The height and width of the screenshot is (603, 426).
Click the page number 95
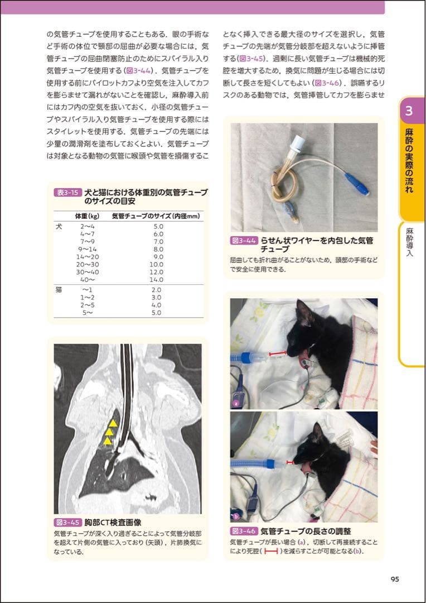pyautogui.click(x=395, y=580)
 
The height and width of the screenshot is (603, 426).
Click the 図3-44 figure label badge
pyautogui.click(x=243, y=241)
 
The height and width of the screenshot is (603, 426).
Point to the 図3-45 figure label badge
pyautogui.click(x=67, y=523)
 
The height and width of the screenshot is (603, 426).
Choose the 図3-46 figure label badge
pyautogui.click(x=243, y=530)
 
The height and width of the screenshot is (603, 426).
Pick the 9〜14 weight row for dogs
pyautogui.click(x=87, y=249)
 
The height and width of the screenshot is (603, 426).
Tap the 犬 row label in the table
pyautogui.click(x=59, y=226)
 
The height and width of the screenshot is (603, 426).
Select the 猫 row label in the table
pyautogui.click(x=59, y=290)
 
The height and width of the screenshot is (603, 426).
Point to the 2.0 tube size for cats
pyautogui.click(x=156, y=290)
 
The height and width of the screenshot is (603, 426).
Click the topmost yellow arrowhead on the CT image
pyautogui.click(x=113, y=423)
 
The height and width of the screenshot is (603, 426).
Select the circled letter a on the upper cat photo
pyautogui.click(x=236, y=402)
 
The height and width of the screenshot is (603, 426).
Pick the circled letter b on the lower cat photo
pyautogui.click(x=236, y=516)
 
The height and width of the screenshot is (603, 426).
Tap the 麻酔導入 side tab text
pyautogui.click(x=409, y=242)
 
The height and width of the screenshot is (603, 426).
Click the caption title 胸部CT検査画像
pyautogui.click(x=113, y=523)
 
